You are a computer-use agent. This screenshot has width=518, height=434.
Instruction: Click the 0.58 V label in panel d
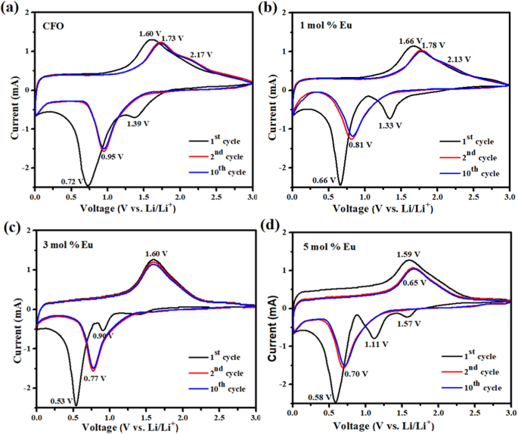click(323, 397)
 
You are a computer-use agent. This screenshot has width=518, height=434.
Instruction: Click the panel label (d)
click(269, 225)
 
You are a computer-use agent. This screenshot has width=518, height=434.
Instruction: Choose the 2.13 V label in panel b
click(459, 59)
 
